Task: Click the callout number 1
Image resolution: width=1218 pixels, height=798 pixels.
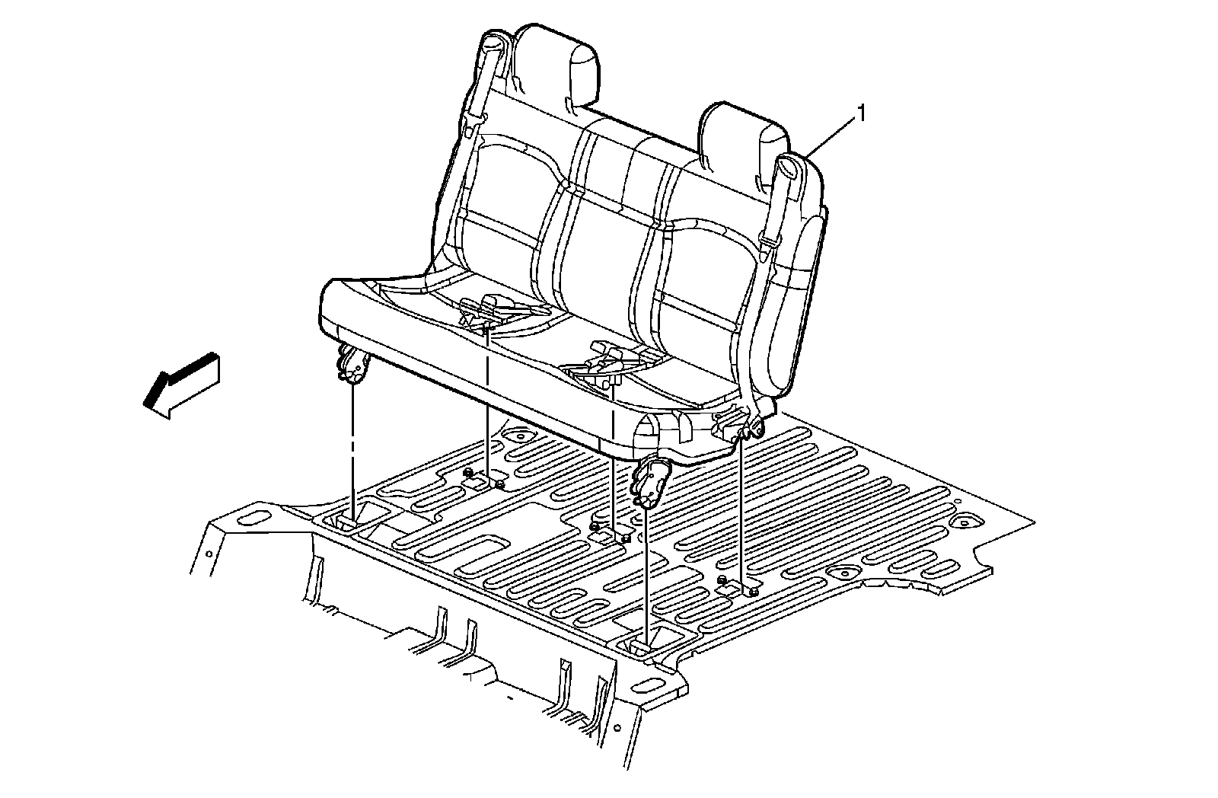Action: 861,114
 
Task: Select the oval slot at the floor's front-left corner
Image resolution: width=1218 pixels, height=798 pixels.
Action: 249,520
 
